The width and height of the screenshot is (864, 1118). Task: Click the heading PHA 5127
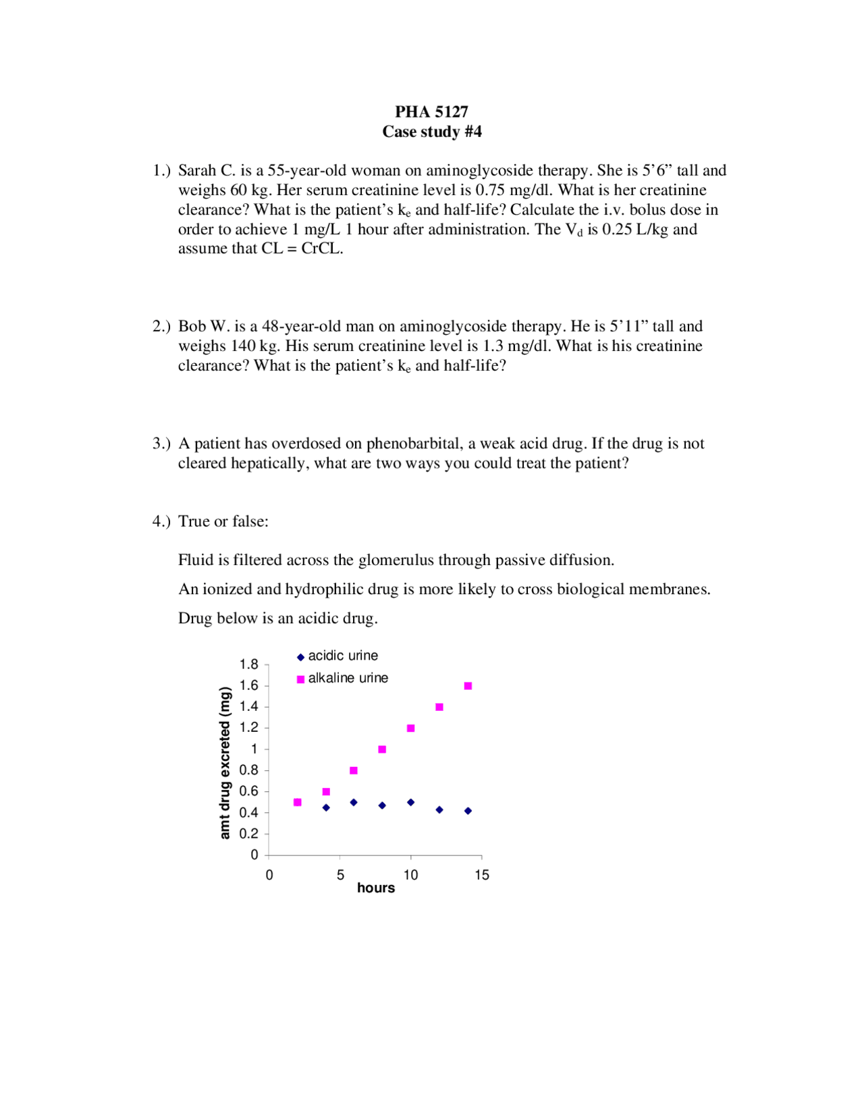(431, 111)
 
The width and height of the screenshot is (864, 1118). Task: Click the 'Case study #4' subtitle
(431, 132)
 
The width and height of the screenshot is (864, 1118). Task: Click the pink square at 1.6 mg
(468, 686)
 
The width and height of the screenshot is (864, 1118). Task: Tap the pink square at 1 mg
(382, 749)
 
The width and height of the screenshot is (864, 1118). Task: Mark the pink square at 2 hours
(298, 802)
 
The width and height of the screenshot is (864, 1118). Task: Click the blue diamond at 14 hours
(468, 811)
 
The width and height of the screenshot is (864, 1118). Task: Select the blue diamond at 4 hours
(326, 807)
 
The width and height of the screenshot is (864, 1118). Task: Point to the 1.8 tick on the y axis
(249, 664)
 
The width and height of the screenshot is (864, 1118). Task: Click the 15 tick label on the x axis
(481, 875)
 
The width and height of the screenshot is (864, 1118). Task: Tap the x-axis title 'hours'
(375, 888)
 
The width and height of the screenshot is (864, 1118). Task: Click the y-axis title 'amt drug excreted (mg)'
(225, 762)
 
